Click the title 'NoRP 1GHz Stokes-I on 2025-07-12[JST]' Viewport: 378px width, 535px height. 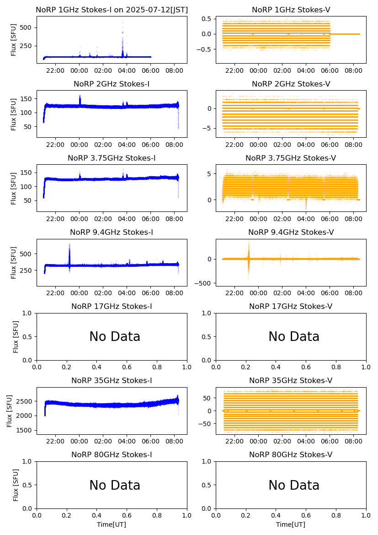coord(112,10)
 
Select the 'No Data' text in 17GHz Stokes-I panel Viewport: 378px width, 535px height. coord(115,337)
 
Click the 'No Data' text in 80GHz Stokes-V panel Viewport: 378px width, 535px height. coord(294,485)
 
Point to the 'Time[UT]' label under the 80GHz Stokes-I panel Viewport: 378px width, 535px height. coord(112,524)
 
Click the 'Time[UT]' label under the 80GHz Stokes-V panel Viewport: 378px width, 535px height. coord(291,524)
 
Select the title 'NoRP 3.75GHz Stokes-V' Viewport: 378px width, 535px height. coord(291,158)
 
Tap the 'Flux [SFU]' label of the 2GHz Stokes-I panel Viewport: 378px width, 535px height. coord(14,114)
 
